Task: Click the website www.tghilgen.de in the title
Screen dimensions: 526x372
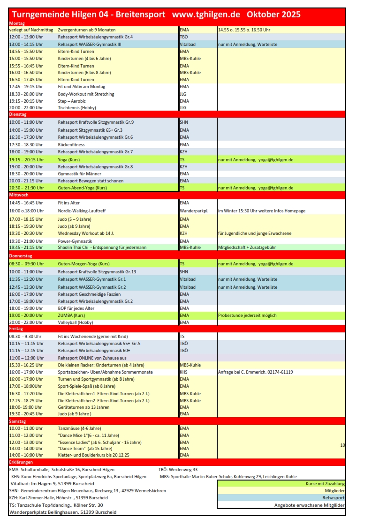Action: pyautogui.click(x=206, y=15)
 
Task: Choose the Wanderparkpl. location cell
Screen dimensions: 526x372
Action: pyautogui.click(x=190, y=210)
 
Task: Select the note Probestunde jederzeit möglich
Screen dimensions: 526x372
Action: pyautogui.click(x=247, y=316)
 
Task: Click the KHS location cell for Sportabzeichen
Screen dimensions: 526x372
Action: pyautogui.click(x=184, y=372)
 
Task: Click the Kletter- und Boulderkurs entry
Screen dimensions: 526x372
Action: pyautogui.click(x=93, y=455)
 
